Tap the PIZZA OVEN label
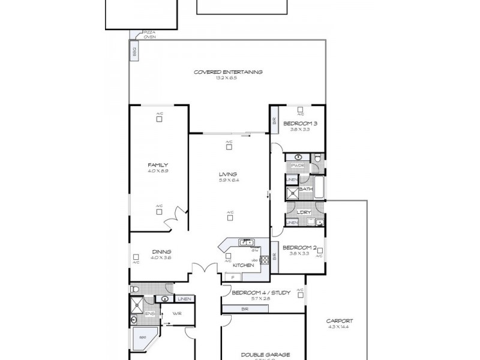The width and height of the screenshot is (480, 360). pyautogui.click(x=149, y=34)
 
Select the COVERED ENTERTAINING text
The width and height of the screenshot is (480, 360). pyautogui.click(x=227, y=72)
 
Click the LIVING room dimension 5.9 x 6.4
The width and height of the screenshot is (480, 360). pyautogui.click(x=228, y=180)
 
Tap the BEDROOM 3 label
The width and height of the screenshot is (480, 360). pyautogui.click(x=300, y=123)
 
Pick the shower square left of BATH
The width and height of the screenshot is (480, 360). pyautogui.click(x=292, y=193)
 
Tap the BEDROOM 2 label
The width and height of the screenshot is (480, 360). pyautogui.click(x=299, y=247)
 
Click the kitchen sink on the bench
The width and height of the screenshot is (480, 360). pyautogui.click(x=247, y=242)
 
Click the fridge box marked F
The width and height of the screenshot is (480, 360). pyautogui.click(x=234, y=277)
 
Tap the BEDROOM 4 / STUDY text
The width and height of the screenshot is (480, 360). pyautogui.click(x=261, y=292)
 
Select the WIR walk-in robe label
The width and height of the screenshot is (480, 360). pyautogui.click(x=177, y=313)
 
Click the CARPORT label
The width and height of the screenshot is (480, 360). pyautogui.click(x=339, y=320)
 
